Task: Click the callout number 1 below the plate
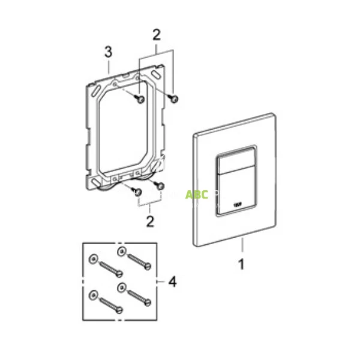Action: click(241, 263)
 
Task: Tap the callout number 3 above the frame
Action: click(108, 53)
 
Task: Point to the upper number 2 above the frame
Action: click(156, 35)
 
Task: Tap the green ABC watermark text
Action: click(196, 195)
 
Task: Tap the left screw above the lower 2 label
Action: click(136, 191)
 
